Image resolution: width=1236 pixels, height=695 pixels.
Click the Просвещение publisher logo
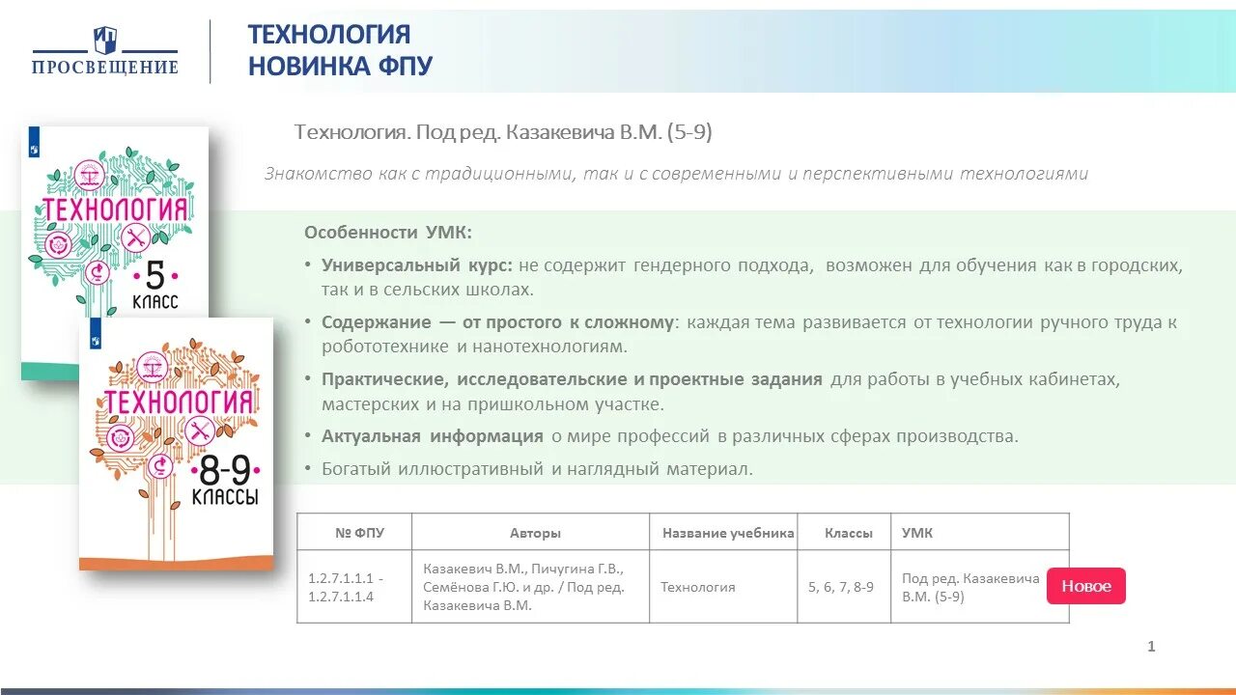pos(105,52)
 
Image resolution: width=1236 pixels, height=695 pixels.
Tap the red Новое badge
pos(1085,586)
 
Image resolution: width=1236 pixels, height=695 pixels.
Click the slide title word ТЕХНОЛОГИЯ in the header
pos(329,35)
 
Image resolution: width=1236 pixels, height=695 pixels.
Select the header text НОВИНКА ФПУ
pos(340,66)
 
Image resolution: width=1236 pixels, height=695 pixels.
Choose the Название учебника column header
pos(728,533)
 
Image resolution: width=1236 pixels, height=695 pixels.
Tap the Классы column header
pos(849,533)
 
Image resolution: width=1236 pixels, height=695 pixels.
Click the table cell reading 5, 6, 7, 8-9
pos(840,587)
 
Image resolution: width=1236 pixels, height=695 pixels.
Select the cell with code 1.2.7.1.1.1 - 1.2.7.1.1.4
pos(347,587)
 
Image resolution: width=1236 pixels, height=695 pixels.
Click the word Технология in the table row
pos(697,587)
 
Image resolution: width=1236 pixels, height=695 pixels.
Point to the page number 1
pos(1151,647)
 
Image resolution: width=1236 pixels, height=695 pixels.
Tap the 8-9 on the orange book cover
pos(224,470)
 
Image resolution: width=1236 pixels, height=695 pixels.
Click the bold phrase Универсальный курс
pos(417,264)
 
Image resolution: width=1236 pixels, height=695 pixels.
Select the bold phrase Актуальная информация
pos(432,436)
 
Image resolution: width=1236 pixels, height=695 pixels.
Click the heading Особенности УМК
pos(388,233)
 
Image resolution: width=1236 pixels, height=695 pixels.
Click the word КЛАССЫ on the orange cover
pos(224,498)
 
